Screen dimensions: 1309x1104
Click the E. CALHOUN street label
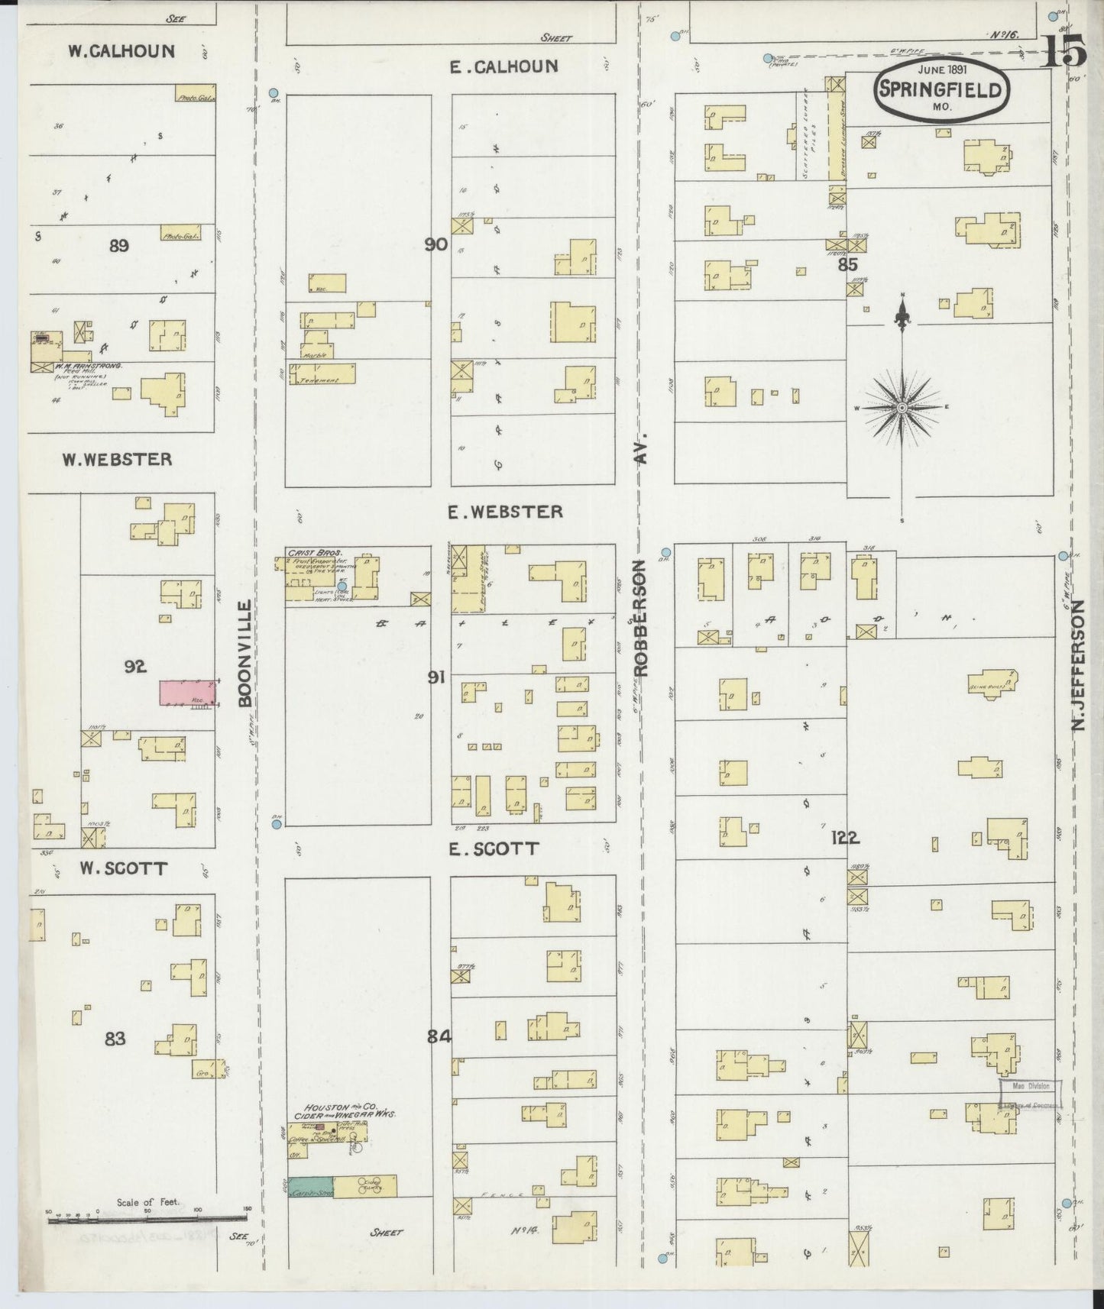[503, 66]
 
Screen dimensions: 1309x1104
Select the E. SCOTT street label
[494, 848]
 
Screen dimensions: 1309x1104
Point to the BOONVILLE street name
[244, 653]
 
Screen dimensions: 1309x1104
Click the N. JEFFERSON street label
[1078, 664]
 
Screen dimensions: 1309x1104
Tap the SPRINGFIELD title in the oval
[940, 89]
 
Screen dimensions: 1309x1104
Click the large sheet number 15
[1064, 53]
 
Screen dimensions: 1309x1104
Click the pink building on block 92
[186, 693]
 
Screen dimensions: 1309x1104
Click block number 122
[846, 838]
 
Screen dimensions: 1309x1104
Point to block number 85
[847, 264]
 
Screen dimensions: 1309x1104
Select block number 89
[118, 246]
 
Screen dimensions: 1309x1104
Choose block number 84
[441, 1037]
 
